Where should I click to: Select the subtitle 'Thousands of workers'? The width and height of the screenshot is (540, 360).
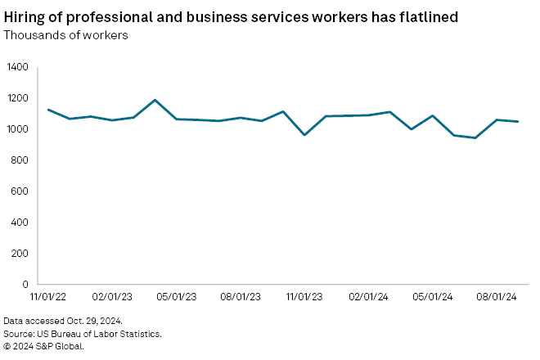click(x=65, y=35)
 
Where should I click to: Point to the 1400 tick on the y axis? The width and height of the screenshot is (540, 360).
click(x=17, y=67)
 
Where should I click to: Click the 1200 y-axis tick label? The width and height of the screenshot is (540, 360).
click(x=17, y=98)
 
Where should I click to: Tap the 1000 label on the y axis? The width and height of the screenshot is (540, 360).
click(x=17, y=129)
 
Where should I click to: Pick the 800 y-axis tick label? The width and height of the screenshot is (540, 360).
click(x=20, y=160)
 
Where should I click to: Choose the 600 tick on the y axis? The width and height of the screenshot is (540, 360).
click(x=20, y=191)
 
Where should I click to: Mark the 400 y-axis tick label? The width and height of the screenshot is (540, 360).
click(x=20, y=223)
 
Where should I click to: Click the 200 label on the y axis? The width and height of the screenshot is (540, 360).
click(x=20, y=254)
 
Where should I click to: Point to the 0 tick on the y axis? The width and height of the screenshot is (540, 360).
click(x=25, y=285)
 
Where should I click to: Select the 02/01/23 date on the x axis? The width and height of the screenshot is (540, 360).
click(x=112, y=297)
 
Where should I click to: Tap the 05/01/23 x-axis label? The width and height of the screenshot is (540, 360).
click(x=177, y=297)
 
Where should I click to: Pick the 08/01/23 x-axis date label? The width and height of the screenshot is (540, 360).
click(x=241, y=297)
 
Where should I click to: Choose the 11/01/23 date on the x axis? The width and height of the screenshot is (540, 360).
click(x=305, y=297)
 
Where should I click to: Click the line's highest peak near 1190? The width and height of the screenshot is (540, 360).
click(x=155, y=100)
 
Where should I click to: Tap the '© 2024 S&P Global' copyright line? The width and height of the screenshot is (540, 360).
click(x=43, y=346)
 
